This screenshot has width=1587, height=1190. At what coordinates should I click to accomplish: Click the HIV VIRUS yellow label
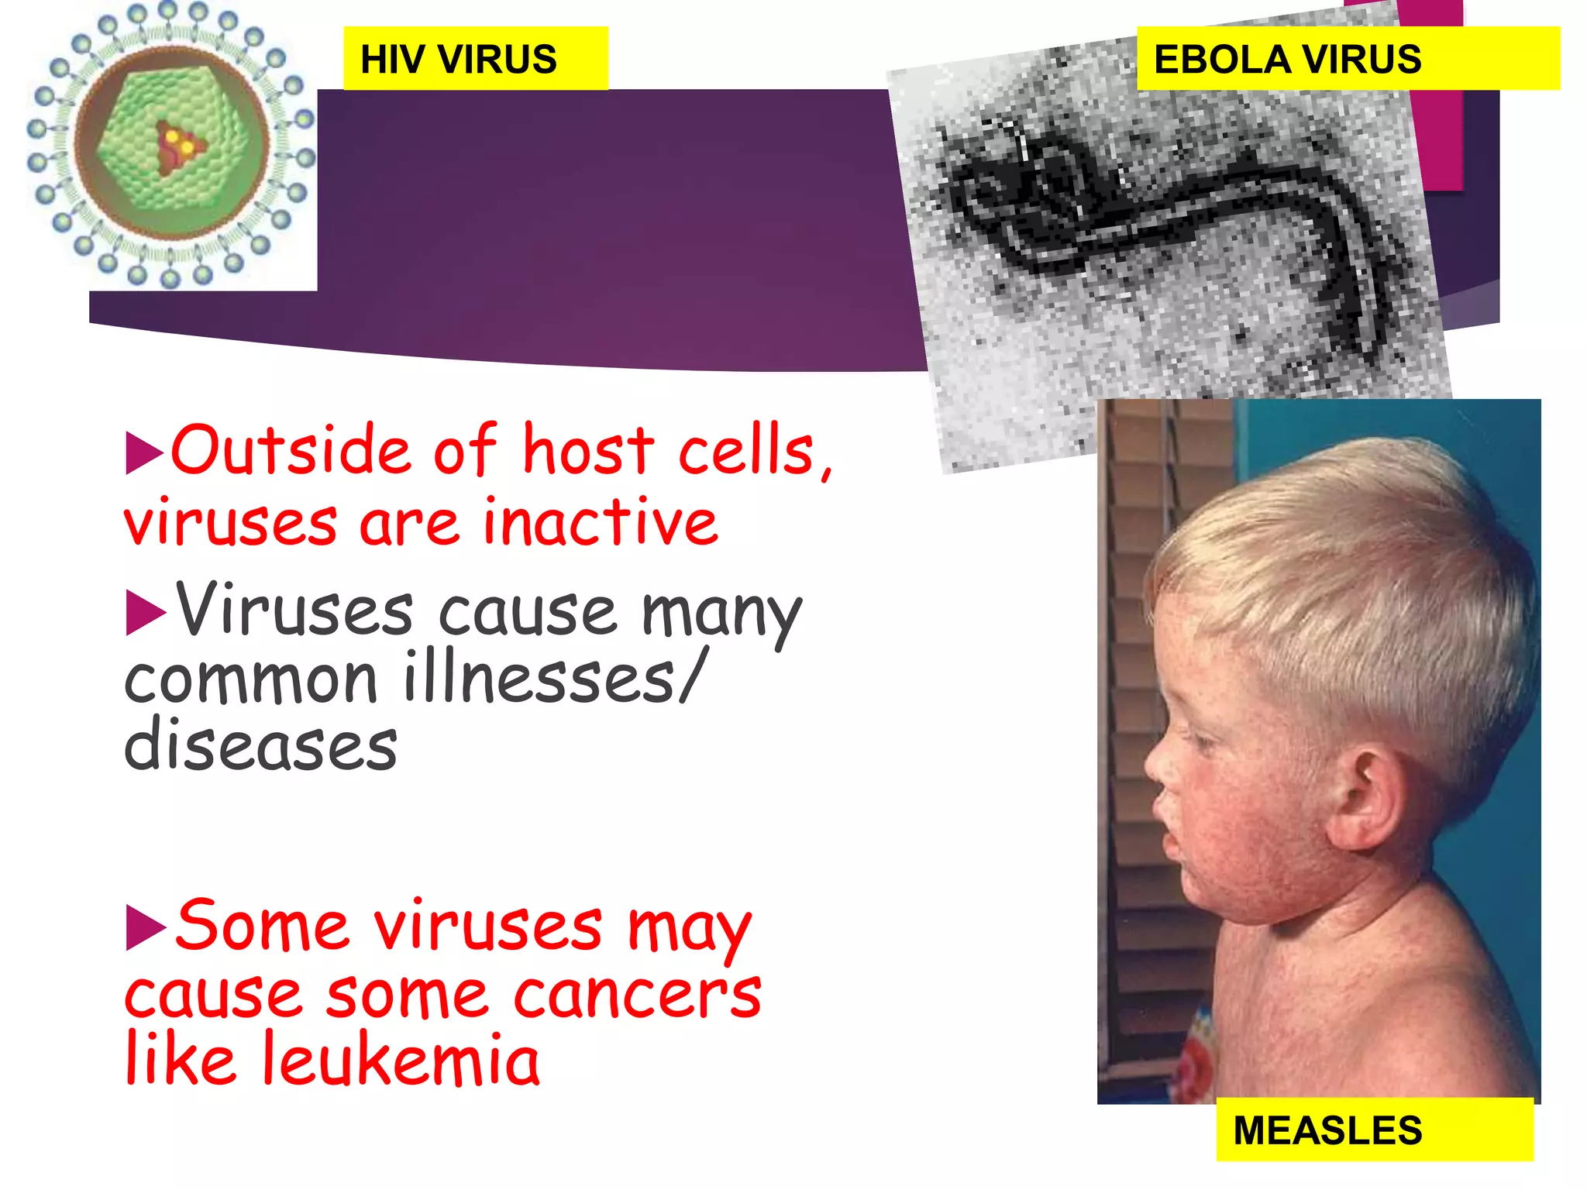474,59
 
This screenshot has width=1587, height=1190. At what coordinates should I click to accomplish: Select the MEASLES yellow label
1373,1130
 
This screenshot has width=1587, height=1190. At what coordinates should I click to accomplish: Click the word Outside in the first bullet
291,451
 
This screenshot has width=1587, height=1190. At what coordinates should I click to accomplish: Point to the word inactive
601,523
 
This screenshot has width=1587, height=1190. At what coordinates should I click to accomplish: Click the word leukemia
401,1060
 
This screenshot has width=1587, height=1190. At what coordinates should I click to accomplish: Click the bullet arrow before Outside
144,452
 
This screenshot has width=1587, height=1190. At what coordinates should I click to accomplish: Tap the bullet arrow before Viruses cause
145,613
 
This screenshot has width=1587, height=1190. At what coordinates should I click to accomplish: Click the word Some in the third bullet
262,926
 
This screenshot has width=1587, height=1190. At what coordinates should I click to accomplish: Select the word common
251,680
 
